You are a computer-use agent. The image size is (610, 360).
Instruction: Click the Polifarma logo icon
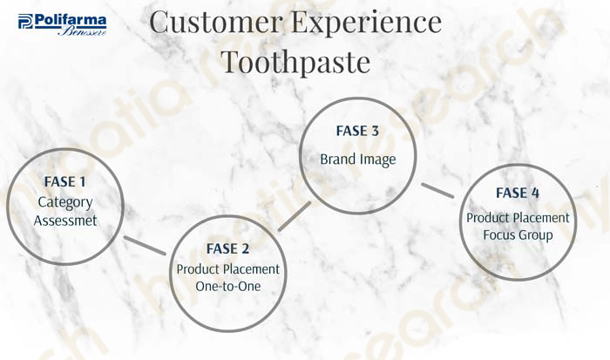25,21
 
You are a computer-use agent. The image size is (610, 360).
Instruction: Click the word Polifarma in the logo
71,20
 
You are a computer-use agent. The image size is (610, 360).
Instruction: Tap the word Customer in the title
216,22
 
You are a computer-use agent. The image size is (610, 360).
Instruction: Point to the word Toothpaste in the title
295,62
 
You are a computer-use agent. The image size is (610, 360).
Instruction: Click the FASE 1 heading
65,182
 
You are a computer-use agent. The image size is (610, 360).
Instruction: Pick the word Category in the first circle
65,202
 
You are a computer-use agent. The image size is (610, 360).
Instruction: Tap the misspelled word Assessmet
65,221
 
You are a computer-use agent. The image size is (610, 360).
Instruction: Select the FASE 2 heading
227,248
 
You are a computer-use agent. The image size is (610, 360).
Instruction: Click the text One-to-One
228,287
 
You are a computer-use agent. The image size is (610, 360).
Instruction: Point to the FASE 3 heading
357,131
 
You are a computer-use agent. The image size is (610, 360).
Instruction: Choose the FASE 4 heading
518,193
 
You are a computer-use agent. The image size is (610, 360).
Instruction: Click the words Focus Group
518,235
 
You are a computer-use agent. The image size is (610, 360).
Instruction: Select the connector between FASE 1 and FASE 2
145,246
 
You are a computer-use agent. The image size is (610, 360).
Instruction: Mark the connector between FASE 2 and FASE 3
295,216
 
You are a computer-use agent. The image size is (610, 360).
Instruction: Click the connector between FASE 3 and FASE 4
437,190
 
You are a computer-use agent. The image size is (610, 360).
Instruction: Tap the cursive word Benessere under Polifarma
83,31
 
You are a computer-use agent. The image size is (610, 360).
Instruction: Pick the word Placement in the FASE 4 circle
543,218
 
